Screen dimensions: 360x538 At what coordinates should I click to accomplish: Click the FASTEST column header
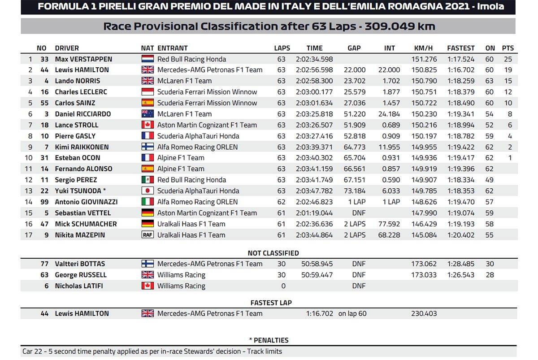click(460, 48)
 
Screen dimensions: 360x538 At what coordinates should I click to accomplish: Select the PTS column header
click(508, 48)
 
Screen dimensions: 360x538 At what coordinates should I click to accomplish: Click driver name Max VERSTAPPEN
click(83, 59)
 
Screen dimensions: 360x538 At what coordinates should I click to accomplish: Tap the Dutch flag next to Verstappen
click(148, 59)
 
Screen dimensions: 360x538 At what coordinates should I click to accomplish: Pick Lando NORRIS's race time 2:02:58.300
click(314, 81)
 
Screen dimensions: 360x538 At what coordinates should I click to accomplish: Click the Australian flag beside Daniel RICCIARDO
click(148, 114)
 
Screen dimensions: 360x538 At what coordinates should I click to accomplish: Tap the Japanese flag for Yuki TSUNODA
click(148, 191)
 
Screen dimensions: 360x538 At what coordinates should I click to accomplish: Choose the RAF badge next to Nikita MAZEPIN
click(148, 235)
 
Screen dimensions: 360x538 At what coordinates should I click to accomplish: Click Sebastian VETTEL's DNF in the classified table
click(359, 213)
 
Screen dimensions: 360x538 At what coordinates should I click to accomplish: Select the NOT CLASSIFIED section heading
click(273, 253)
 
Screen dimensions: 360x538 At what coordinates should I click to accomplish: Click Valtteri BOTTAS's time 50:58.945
click(317, 264)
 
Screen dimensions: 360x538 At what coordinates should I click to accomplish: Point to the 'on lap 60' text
click(352, 314)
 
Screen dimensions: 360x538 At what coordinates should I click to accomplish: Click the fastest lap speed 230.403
click(424, 314)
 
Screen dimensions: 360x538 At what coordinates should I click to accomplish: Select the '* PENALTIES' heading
click(269, 340)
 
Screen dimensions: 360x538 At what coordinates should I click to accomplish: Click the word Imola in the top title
click(488, 7)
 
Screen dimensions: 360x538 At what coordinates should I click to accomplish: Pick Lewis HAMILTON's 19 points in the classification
click(508, 70)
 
